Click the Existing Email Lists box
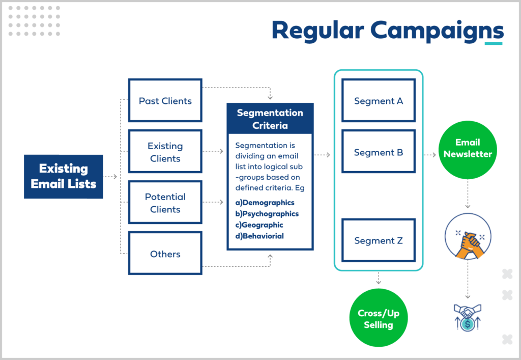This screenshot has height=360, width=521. point(64,176)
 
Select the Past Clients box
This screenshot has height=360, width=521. point(165,100)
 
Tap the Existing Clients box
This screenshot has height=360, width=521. point(165,152)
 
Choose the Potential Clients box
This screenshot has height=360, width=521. point(165,202)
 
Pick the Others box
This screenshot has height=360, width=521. point(165,254)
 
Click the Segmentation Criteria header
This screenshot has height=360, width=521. point(270,119)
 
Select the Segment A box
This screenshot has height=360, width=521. point(378,100)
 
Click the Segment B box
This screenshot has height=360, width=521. point(378,152)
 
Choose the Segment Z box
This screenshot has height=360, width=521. point(378,240)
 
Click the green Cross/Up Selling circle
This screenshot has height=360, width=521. point(379,319)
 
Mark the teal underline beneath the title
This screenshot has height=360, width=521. point(493,43)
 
